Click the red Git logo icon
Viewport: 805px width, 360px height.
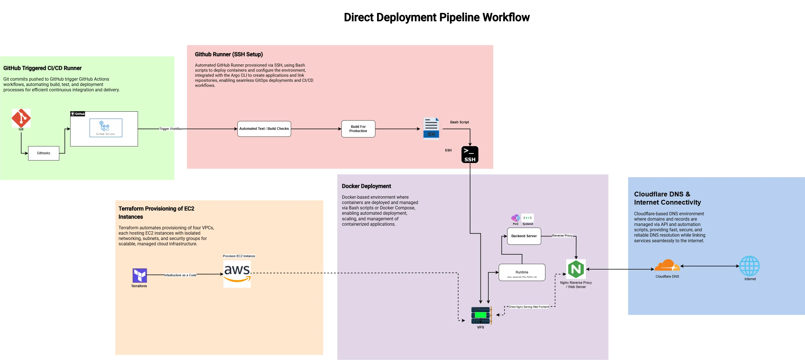coord(21,118)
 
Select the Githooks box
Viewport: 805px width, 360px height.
coord(44,153)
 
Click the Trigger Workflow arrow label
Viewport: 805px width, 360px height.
coord(171,129)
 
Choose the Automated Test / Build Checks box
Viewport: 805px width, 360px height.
coord(264,129)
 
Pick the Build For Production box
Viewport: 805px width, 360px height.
coord(358,129)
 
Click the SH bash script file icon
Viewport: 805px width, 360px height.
coord(431,128)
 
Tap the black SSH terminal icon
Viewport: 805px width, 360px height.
coord(470,155)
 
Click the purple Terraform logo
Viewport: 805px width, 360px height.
coord(139,275)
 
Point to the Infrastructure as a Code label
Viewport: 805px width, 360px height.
coord(180,275)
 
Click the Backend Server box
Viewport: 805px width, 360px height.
coord(524,236)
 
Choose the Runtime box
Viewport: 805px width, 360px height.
coord(522,273)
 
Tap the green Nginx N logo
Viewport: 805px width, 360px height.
coord(576,269)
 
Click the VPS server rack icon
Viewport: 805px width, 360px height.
coord(481,315)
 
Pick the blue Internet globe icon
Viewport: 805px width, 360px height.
coord(749,266)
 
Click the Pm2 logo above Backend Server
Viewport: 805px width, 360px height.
coord(515,218)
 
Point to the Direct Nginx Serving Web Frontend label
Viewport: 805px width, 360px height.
coord(529,307)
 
